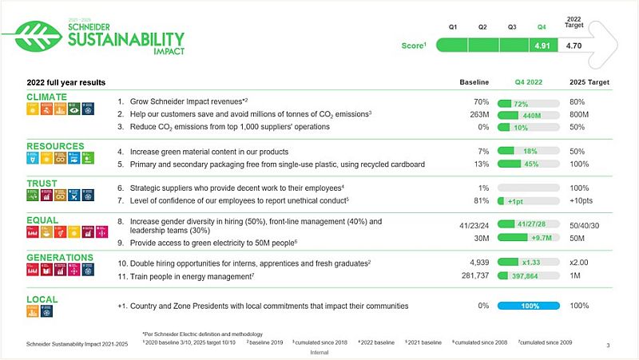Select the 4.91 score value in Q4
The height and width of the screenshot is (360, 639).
pyautogui.click(x=543, y=46)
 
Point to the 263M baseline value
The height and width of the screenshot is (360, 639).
pyautogui.click(x=478, y=115)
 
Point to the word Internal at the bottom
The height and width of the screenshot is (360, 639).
pyautogui.click(x=319, y=350)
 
